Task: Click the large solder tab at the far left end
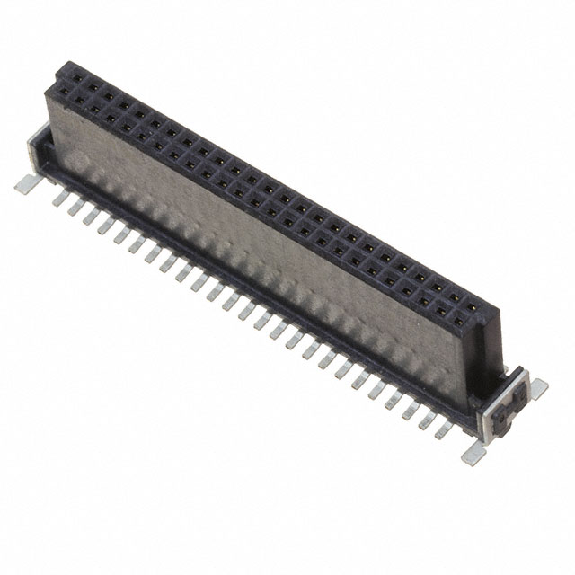26,184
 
